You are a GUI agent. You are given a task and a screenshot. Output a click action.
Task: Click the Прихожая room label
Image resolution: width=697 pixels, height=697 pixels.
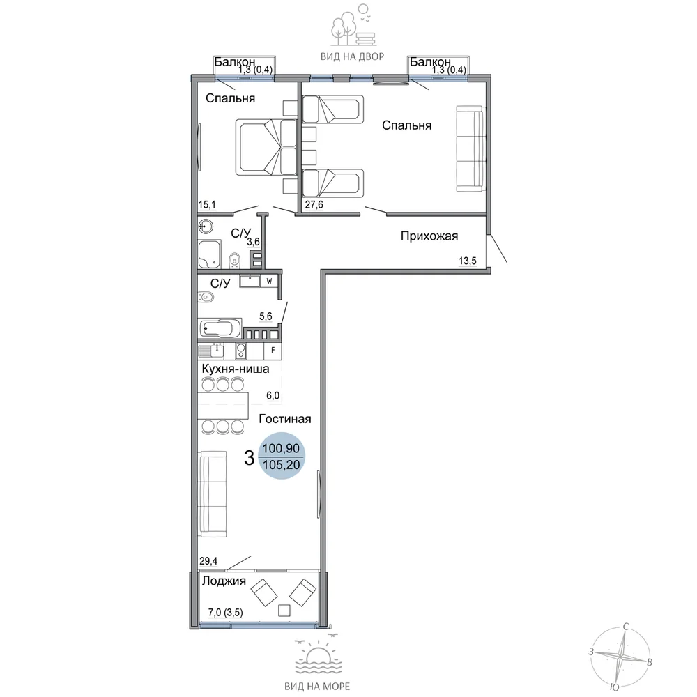[x=429, y=236]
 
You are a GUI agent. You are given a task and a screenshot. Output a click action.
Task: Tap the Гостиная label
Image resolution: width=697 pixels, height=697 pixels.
[x=284, y=419]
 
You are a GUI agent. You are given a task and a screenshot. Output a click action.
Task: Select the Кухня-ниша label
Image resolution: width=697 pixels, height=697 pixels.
[x=235, y=369]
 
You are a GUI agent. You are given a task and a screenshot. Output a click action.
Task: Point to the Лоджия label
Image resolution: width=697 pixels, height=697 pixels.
[x=224, y=581]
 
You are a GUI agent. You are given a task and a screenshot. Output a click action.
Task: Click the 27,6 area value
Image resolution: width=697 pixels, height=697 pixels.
[x=314, y=204]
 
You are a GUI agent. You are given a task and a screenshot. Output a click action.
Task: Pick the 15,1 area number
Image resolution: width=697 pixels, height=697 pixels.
[x=207, y=204]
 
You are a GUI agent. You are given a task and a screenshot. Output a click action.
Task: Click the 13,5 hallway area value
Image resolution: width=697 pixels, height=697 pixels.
[x=467, y=261]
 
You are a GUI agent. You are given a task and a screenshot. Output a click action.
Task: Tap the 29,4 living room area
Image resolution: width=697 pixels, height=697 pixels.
[x=208, y=561]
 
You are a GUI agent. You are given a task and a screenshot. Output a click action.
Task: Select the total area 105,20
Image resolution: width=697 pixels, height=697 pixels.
[x=282, y=465]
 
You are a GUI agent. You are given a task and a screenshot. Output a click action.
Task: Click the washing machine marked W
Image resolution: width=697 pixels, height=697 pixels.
[x=269, y=282]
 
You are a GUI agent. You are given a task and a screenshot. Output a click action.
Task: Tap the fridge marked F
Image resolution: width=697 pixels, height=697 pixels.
[x=273, y=351]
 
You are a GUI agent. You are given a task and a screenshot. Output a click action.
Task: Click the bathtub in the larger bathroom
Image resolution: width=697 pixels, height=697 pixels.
[x=220, y=328]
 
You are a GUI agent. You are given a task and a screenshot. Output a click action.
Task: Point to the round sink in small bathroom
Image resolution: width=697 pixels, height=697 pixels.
[x=206, y=227]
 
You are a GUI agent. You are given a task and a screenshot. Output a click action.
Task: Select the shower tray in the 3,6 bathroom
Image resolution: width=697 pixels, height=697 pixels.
[x=210, y=254]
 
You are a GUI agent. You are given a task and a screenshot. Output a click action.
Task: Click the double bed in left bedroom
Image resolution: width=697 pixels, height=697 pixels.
[x=266, y=147]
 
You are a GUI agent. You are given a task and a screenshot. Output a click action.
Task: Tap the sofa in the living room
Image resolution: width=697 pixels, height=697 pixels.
[x=213, y=494]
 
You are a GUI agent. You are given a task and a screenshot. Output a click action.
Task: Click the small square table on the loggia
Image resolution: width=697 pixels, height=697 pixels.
[x=284, y=611]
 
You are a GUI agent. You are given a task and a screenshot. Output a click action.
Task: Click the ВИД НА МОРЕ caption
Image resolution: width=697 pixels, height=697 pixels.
[x=317, y=687]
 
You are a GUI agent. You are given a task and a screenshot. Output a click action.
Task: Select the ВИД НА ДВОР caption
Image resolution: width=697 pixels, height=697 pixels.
[x=352, y=56]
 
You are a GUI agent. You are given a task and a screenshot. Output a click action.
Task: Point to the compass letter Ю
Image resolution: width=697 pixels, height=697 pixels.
[x=614, y=688]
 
